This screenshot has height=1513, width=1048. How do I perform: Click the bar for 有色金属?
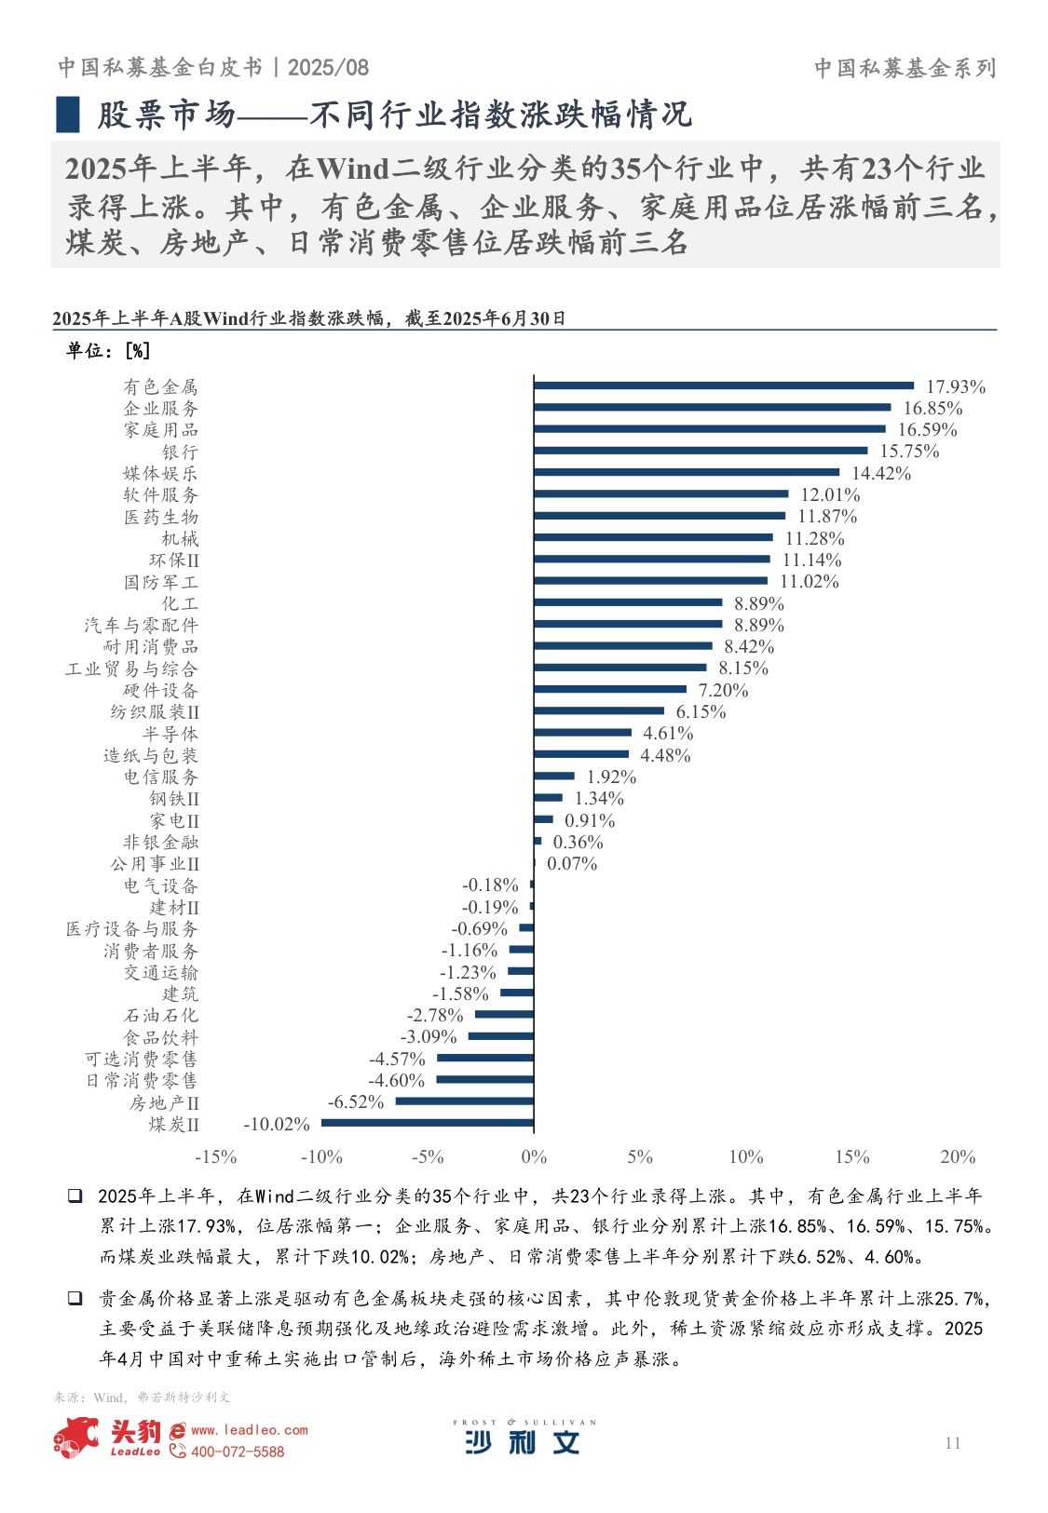[x=724, y=385]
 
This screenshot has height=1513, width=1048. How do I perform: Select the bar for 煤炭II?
[x=428, y=1123]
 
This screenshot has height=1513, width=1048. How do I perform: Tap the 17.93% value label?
[x=955, y=386]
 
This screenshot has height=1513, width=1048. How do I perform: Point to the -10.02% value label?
[x=277, y=1124]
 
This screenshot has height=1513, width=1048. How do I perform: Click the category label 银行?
[x=180, y=452]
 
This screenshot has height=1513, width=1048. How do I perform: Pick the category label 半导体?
[x=170, y=734]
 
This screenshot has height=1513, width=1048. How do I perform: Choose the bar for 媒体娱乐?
[x=687, y=472]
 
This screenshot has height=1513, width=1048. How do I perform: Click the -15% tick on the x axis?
[x=215, y=1156]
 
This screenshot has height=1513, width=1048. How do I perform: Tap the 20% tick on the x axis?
[x=958, y=1156]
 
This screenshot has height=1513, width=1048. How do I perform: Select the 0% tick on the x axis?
[x=534, y=1156]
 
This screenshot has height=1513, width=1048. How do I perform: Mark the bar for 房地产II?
[x=465, y=1101]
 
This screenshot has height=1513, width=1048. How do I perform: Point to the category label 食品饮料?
[x=161, y=1037]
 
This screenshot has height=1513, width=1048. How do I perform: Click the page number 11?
[x=952, y=1442]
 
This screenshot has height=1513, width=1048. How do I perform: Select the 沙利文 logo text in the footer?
[x=523, y=1442]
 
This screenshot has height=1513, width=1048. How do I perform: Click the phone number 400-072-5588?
[x=238, y=1452]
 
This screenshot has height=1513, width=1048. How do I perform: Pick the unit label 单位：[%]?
[x=108, y=350]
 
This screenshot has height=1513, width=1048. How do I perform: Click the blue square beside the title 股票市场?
[x=68, y=115]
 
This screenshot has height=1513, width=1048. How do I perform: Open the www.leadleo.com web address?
[x=249, y=1429]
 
